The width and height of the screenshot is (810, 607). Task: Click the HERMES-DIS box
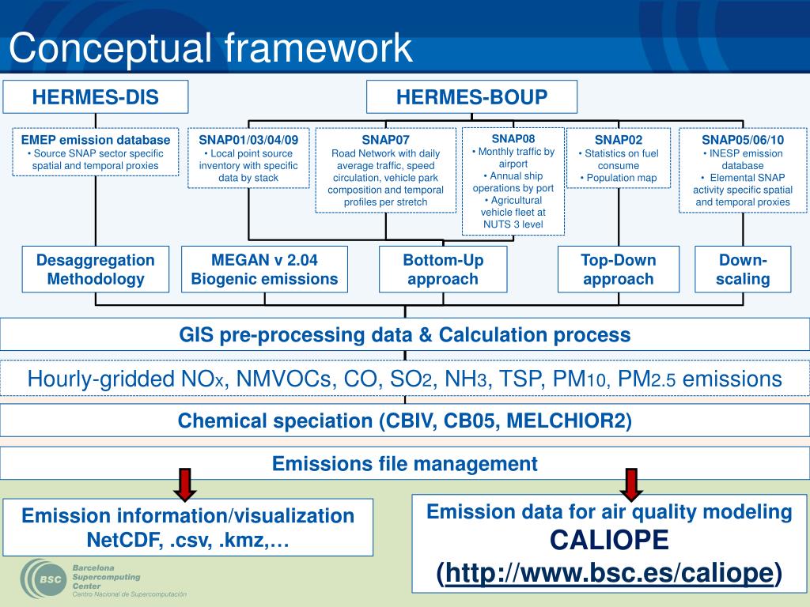pyautogui.click(x=95, y=97)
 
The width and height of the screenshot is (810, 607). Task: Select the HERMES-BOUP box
pyautogui.click(x=471, y=97)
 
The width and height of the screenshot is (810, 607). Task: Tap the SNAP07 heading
pyautogui.click(x=386, y=140)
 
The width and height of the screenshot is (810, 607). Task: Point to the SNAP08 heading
pyautogui.click(x=513, y=138)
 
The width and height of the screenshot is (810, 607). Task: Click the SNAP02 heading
pyautogui.click(x=619, y=140)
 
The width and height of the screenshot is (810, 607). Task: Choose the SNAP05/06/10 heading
pyautogui.click(x=743, y=140)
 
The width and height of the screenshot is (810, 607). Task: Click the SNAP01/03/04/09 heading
pyautogui.click(x=248, y=140)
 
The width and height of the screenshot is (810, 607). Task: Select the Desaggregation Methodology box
pyautogui.click(x=96, y=269)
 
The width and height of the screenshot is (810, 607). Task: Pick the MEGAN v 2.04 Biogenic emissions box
pyautogui.click(x=264, y=269)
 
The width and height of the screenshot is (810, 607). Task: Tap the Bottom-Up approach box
pyautogui.click(x=443, y=269)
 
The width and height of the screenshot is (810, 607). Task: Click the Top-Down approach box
pyautogui.click(x=619, y=269)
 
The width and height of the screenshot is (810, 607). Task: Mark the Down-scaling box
pyautogui.click(x=743, y=269)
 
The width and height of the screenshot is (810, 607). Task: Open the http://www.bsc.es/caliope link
pyautogui.click(x=609, y=572)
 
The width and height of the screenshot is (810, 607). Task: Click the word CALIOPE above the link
pyautogui.click(x=609, y=541)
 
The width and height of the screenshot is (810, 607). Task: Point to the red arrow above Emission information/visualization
pyautogui.click(x=185, y=484)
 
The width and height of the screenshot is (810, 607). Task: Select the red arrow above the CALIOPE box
pyautogui.click(x=630, y=484)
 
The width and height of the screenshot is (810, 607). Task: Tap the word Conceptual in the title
pyautogui.click(x=110, y=48)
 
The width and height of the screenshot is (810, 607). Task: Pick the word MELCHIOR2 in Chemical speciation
pyautogui.click(x=568, y=420)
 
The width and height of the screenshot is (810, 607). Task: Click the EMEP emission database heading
pyautogui.click(x=96, y=140)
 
